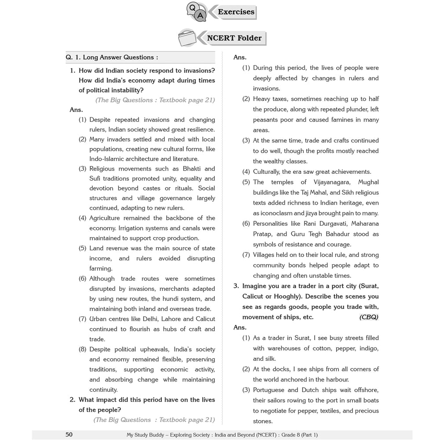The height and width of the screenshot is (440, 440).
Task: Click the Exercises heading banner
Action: tap(236, 12)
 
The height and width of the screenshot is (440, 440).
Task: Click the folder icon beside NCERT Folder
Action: tap(187, 38)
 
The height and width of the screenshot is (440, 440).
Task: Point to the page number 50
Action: tap(69, 435)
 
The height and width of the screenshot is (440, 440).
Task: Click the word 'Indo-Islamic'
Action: tap(109, 159)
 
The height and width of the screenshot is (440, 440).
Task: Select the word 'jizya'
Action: tap(314, 213)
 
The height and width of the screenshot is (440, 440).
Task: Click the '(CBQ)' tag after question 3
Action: tap(368, 317)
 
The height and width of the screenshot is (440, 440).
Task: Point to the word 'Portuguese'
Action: tap(270, 390)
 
